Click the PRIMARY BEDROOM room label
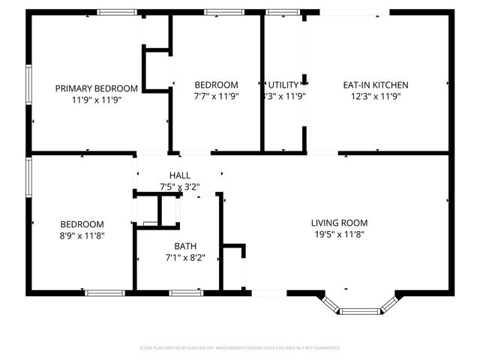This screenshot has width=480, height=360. tap(96, 88)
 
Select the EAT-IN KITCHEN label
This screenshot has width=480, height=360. tap(376, 85)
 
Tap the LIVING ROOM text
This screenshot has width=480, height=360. tap(340, 223)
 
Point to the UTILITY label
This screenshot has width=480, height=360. tap(283, 85)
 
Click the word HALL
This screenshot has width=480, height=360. tap(179, 175)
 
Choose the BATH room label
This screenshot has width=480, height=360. tap(185, 246)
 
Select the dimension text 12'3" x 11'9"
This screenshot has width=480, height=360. tap(376, 96)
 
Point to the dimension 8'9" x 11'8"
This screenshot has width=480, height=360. tap(82, 235)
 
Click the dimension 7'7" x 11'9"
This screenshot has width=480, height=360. tap(216, 96)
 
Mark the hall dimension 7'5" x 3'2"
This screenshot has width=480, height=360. tap(179, 187)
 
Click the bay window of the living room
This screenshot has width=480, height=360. tap(358, 306)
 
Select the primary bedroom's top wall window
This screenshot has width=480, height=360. tap(117, 12)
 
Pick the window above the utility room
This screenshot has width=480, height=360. tap(281, 12)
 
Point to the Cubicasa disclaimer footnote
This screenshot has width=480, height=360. tap(240, 348)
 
